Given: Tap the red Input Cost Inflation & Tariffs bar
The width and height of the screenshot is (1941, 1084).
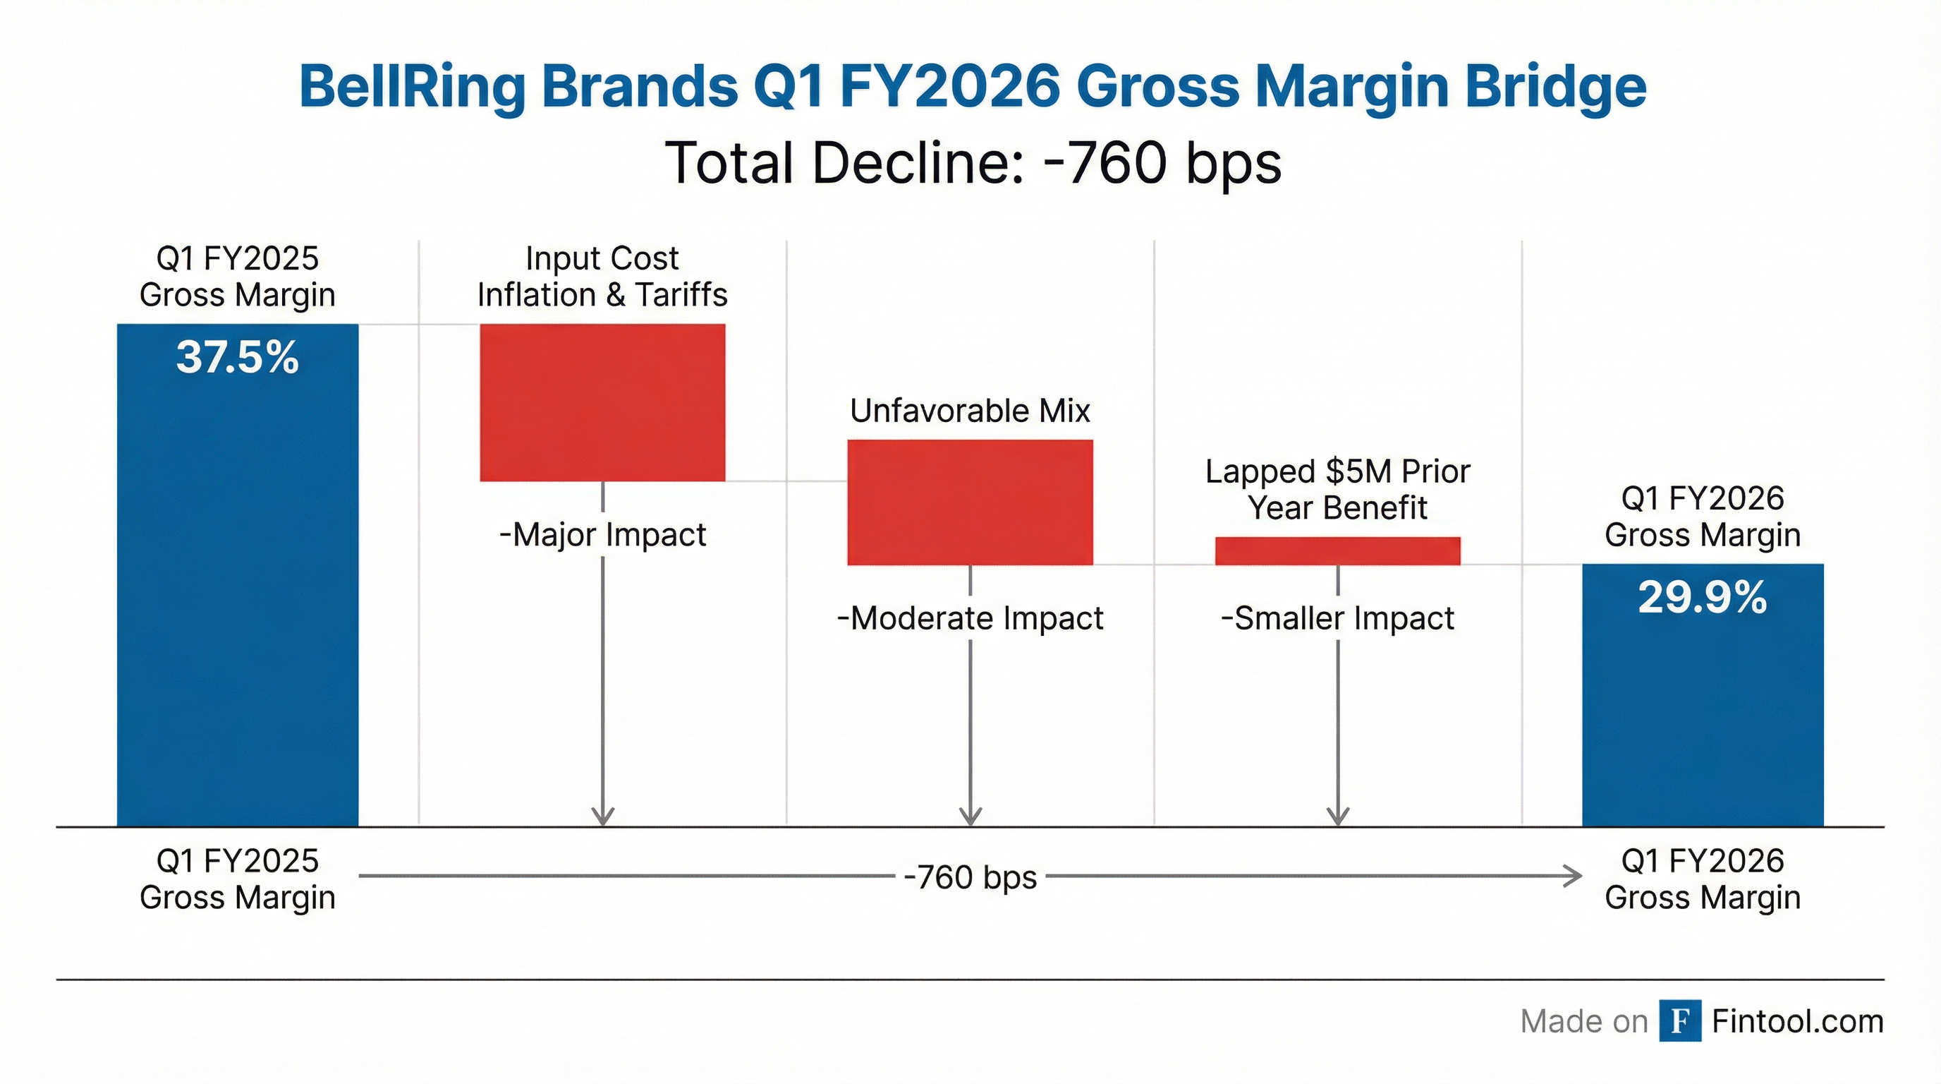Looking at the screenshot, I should pyautogui.click(x=602, y=402).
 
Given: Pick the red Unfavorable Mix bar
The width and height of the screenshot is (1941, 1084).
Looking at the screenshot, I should pyautogui.click(x=970, y=502).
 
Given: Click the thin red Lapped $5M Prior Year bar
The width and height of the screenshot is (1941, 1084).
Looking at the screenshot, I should pyautogui.click(x=1337, y=551).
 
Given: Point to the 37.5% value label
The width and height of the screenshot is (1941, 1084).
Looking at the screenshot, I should pyautogui.click(x=238, y=357).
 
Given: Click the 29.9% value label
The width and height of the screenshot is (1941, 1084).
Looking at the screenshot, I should pyautogui.click(x=1702, y=598).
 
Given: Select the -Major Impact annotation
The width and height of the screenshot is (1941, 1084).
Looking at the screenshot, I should pyautogui.click(x=602, y=535).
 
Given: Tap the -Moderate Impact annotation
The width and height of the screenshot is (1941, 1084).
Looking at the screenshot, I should pyautogui.click(x=970, y=619).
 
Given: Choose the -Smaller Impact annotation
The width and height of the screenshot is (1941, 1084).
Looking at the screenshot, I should pyautogui.click(x=1337, y=619).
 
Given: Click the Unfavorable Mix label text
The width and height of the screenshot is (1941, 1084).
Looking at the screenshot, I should pyautogui.click(x=970, y=411).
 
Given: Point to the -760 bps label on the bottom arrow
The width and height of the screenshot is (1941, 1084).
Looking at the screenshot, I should pyautogui.click(x=970, y=877).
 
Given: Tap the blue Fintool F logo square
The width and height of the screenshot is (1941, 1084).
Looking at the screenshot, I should pyautogui.click(x=1679, y=1021).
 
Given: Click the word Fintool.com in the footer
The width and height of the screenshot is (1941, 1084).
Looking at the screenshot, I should pyautogui.click(x=1797, y=1021).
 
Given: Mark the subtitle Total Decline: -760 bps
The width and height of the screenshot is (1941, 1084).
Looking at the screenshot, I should pyautogui.click(x=972, y=163).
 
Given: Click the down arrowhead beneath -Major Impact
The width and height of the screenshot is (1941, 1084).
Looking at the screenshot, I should pyautogui.click(x=603, y=817).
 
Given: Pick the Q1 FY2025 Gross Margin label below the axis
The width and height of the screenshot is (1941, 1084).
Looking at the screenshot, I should pyautogui.click(x=238, y=879).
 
